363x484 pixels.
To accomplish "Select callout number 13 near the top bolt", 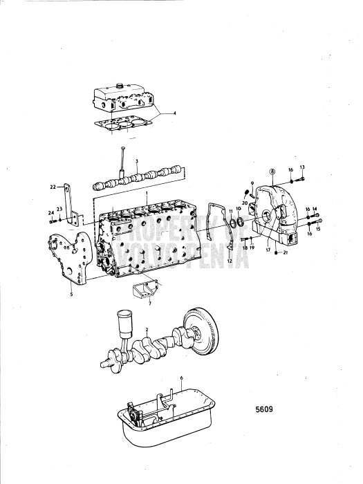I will click(x=301, y=168).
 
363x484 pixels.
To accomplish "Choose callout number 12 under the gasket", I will click(x=228, y=261).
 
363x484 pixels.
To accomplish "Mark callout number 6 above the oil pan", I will click(x=181, y=378).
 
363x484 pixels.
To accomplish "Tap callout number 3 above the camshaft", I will click(x=138, y=161).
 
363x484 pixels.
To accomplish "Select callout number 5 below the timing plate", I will click(x=71, y=293).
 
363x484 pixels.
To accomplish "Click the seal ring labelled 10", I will click(x=241, y=222).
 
